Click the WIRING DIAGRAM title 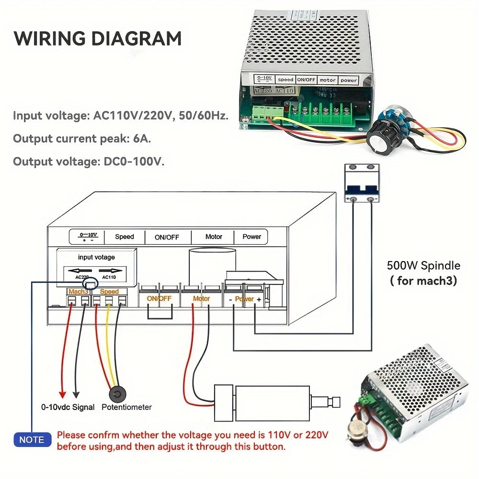coord(98,38)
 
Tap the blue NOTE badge coord(32,440)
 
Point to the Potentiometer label coord(127,407)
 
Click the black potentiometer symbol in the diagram coord(117,394)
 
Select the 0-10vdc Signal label coord(68,407)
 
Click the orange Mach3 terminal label coord(78,291)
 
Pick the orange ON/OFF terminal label coord(159,298)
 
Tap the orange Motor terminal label coord(201,298)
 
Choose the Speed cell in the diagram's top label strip coord(125,236)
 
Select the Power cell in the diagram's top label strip coord(251,236)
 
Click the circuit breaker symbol coord(362,183)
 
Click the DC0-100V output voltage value coord(134,161)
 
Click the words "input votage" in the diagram coord(96,257)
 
